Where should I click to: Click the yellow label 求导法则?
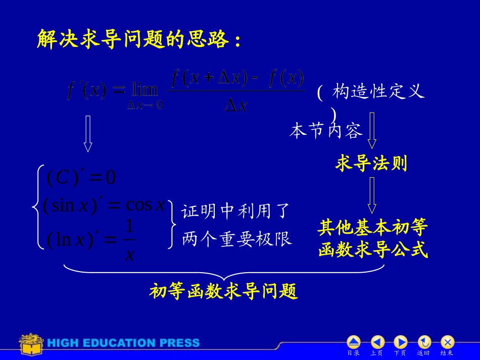click(x=371, y=163)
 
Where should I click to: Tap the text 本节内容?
click(x=326, y=131)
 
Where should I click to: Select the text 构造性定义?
click(x=378, y=92)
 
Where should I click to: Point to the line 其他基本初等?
click(x=373, y=228)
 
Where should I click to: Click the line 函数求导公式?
click(x=373, y=250)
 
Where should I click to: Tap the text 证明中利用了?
click(x=236, y=211)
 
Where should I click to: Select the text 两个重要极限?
click(x=236, y=239)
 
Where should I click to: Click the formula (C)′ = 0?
click(x=81, y=177)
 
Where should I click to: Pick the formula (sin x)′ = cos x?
click(x=104, y=205)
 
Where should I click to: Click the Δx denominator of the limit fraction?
click(x=235, y=106)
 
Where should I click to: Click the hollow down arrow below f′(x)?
click(x=88, y=133)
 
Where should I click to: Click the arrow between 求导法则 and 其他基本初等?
click(x=372, y=195)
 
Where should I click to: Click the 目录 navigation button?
click(x=354, y=342)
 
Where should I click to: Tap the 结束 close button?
click(x=447, y=342)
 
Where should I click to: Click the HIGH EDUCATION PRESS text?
click(x=124, y=343)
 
